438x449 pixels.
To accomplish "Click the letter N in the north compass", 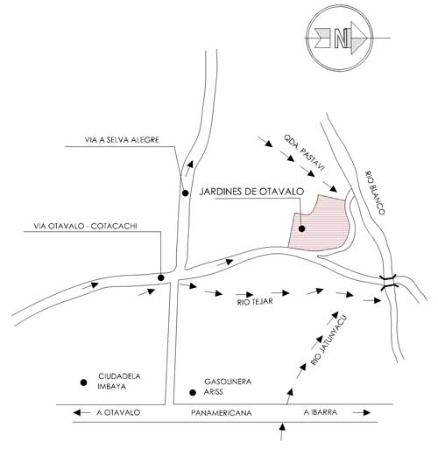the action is coord(341,39).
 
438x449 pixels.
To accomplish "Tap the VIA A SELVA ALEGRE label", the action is coord(122,140).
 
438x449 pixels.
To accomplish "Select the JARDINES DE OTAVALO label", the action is coord(251,192).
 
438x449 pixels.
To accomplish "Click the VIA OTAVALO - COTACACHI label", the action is coord(85,226).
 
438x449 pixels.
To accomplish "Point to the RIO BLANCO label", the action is coord(375,193).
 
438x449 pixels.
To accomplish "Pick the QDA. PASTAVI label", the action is coord(304,152).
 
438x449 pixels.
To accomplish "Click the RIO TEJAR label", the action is coord(255,301).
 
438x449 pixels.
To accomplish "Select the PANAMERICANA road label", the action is coord(222,413).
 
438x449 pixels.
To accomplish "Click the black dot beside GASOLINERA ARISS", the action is coord(193,393).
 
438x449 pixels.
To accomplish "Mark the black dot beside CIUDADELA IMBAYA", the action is coord(84,382).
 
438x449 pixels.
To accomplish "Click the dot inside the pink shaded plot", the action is coord(302,228).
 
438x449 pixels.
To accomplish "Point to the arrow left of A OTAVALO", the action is coord(81,412).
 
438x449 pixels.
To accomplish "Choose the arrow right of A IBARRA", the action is coord(362,412).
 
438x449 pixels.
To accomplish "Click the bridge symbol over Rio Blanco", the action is coord(389,282).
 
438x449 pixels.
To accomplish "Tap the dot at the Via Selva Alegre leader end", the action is coord(185,193).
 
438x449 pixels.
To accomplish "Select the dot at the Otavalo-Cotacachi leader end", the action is coord(161,277).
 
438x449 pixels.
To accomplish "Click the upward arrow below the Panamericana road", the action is coord(282,432).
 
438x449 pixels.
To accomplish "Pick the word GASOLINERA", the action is coord(228,382).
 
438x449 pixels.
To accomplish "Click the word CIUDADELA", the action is coord(119,376).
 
